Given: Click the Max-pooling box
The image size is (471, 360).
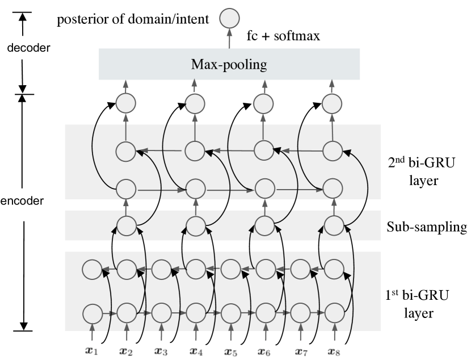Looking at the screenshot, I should (x=229, y=64).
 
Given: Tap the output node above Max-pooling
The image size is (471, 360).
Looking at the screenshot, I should (x=229, y=18).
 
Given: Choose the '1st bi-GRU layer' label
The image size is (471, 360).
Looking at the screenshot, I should (x=418, y=303).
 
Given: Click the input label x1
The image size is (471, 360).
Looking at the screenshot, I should (x=90, y=351).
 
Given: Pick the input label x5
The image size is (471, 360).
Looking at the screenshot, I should (x=229, y=351).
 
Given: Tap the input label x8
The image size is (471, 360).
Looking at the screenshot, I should (x=334, y=351).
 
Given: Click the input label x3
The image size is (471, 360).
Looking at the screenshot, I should (x=160, y=351).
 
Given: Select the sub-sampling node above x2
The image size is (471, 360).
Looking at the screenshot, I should (x=126, y=225).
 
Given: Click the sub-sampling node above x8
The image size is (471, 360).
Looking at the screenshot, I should (x=334, y=225).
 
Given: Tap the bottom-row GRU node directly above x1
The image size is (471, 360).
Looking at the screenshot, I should (x=91, y=313).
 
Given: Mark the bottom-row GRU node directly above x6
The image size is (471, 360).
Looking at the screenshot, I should (x=264, y=313).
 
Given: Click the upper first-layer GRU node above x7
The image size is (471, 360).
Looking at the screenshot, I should (x=299, y=267).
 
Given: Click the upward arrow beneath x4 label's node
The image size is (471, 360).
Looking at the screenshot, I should (x=195, y=333).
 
